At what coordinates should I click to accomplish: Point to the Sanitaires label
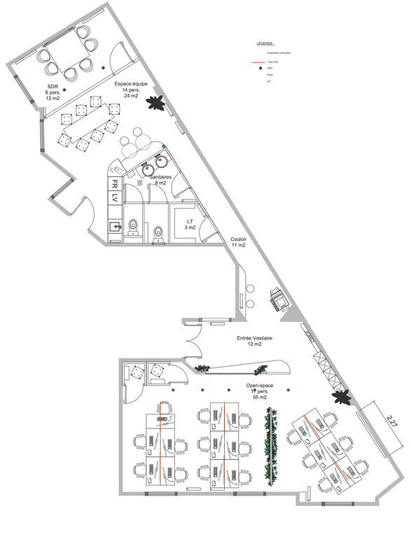pos(160,180)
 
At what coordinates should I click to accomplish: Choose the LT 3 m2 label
pos(190,223)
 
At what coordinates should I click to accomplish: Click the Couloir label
pos(238,242)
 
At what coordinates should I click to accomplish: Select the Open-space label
pos(259,391)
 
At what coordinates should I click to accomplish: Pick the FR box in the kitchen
pos(113,184)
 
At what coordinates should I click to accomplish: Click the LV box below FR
pos(113,198)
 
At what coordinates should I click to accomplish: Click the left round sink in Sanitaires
pos(148,169)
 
